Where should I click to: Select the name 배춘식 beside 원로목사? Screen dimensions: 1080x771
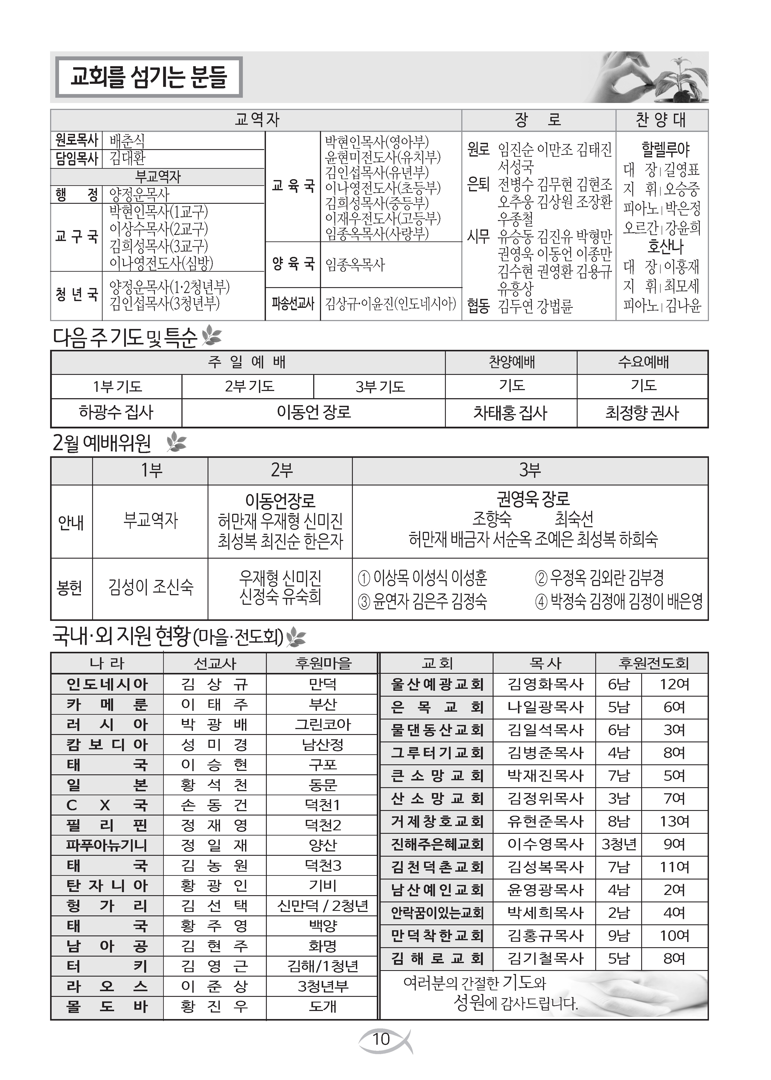click(127, 140)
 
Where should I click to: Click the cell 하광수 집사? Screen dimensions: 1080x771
click(116, 412)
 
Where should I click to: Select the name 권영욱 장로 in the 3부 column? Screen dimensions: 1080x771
click(533, 499)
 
